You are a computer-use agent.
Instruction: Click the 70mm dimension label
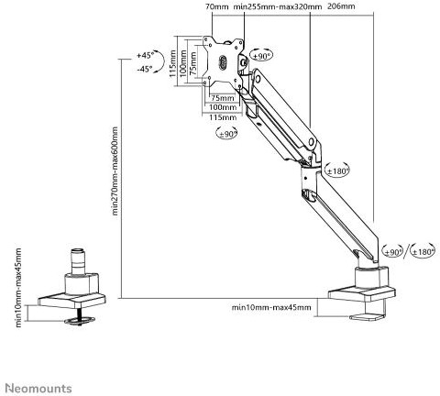[216, 6]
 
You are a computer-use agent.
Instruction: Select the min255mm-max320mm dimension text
[277, 6]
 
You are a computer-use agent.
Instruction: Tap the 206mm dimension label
[341, 6]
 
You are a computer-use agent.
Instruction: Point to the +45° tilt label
[146, 56]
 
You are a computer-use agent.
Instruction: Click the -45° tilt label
[145, 70]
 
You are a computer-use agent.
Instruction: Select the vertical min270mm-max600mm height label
[115, 171]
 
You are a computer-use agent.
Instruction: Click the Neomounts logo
[38, 389]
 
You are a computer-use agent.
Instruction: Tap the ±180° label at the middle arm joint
[338, 171]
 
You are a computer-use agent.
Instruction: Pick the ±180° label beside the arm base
[423, 252]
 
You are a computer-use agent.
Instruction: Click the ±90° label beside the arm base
[394, 252]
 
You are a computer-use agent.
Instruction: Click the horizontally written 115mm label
[223, 117]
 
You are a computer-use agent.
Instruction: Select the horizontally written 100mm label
[223, 107]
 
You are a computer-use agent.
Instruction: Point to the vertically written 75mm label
[193, 63]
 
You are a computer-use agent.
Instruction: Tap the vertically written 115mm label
[172, 63]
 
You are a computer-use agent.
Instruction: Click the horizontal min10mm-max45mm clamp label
[271, 307]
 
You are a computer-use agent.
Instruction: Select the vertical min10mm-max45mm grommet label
[18, 288]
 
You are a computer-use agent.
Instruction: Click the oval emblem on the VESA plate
[223, 62]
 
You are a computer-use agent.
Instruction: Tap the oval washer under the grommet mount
[80, 320]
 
